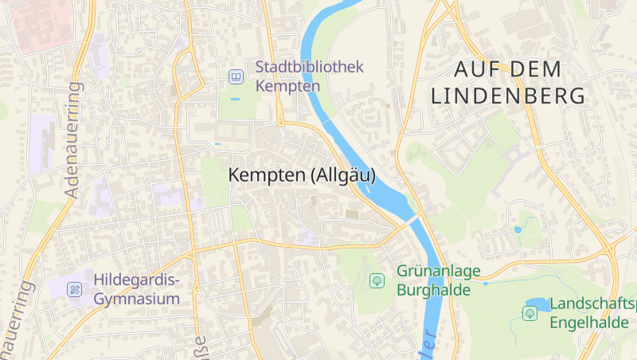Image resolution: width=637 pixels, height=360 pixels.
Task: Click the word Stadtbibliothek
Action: (x=309, y=67)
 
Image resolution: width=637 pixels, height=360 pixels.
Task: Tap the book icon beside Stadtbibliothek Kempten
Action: (x=236, y=77)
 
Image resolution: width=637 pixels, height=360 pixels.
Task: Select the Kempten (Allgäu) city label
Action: (x=302, y=176)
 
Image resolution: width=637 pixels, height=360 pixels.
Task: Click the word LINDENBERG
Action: (x=508, y=96)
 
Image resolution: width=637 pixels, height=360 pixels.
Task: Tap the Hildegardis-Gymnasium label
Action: (x=137, y=290)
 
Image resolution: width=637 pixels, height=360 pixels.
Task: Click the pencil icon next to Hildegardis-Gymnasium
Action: (x=75, y=289)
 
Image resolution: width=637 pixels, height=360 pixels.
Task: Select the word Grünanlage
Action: (x=439, y=272)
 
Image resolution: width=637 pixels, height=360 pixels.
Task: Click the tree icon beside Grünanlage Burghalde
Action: (x=377, y=281)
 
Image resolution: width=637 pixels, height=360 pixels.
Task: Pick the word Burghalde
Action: (x=434, y=290)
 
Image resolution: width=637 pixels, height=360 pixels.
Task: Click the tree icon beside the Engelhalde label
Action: (x=530, y=313)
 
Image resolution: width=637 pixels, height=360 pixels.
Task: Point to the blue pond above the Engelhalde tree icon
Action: (x=538, y=303)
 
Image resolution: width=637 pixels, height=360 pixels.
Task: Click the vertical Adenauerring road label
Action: (x=72, y=139)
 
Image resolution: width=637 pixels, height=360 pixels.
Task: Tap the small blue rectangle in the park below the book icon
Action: (x=235, y=99)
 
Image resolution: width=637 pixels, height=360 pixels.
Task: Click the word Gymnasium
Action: (x=137, y=299)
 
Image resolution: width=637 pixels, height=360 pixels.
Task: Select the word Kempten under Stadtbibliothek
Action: (x=288, y=86)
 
